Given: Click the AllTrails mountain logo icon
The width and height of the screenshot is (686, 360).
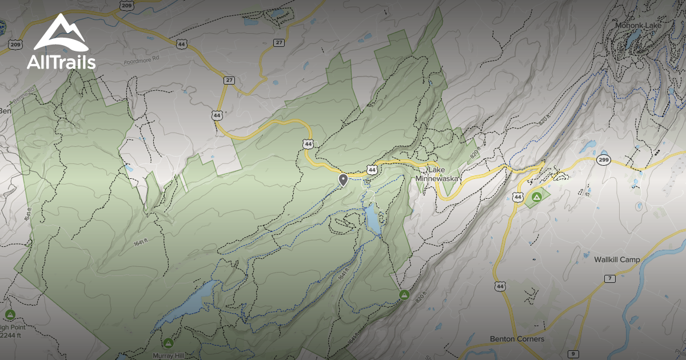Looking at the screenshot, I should click(x=61, y=33).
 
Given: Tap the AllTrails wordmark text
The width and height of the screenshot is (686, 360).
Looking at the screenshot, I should click(x=61, y=62).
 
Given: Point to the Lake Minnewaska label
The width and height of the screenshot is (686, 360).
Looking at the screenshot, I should click(x=438, y=174).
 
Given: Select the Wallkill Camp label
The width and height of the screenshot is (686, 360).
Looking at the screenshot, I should click(x=616, y=259).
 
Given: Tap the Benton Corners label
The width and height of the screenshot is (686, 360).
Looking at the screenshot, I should click(x=517, y=338).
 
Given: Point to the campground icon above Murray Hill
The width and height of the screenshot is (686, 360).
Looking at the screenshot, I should click(x=168, y=343).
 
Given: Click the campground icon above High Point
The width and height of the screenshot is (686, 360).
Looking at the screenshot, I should click(x=10, y=314).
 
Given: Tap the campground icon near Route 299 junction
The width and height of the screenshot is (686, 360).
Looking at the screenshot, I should click(x=536, y=197).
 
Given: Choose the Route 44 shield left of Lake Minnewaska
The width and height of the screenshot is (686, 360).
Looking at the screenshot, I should click(x=372, y=170).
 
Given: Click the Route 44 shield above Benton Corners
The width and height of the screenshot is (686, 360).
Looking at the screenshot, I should click(x=501, y=286).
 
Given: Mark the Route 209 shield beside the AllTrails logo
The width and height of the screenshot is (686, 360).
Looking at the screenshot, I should click(x=15, y=45).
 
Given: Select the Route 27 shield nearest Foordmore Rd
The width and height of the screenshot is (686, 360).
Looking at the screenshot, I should click(x=229, y=80).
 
